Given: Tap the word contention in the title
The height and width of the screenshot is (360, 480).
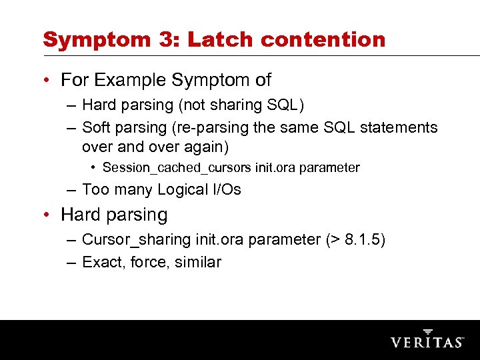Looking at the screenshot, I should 323,39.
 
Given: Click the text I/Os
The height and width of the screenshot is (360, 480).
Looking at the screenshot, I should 227,190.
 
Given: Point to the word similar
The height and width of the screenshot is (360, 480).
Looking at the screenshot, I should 198,263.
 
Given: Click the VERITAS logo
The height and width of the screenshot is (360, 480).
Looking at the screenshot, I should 427,340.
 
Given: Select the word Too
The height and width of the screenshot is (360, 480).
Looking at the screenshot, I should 95,190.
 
